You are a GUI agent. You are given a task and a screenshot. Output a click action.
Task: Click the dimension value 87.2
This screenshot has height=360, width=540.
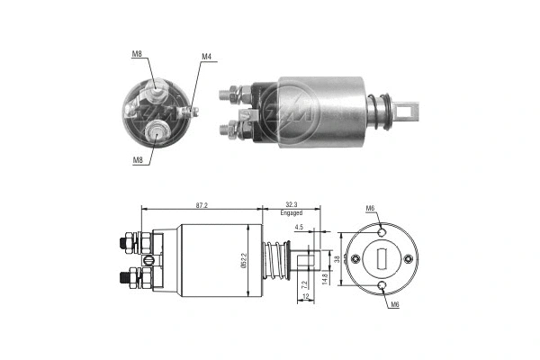pyautogui.click(x=201, y=205)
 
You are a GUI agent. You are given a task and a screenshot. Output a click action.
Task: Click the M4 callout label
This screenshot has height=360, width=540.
pyautogui.click(x=206, y=58)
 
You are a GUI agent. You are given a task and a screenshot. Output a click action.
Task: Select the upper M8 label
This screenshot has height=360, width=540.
pyautogui.click(x=137, y=55)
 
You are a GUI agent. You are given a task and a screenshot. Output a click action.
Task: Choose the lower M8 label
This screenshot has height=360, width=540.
pyautogui.click(x=137, y=160)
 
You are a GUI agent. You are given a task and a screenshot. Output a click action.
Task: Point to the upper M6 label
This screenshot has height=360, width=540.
pyautogui.click(x=370, y=209)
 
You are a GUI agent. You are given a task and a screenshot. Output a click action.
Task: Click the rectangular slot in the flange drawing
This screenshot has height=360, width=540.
pyautogui.click(x=382, y=259)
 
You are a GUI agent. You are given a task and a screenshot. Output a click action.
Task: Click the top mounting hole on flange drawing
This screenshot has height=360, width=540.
pyautogui.click(x=382, y=230)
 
